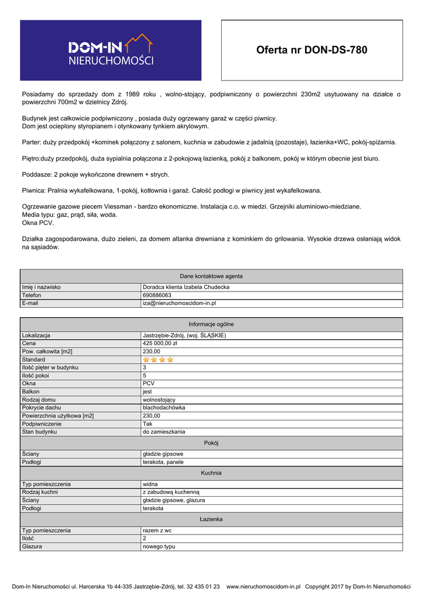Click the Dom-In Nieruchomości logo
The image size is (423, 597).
coord(111,50)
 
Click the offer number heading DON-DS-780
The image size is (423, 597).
coord(312,50)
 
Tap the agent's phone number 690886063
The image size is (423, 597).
coord(157,296)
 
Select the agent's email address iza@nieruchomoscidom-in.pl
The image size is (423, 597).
coord(179,304)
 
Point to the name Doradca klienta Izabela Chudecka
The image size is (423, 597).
coord(186,287)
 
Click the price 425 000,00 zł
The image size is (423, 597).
coord(160,344)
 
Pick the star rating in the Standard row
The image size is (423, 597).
coord(158,360)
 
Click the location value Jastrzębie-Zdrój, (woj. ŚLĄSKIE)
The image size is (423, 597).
coord(184,336)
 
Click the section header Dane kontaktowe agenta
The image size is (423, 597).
coord(211,276)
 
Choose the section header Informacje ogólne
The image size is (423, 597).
coord(211,324)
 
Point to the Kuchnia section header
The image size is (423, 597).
coord(211,473)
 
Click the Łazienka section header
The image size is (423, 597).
coord(211,519)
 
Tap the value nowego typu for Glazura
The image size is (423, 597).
coord(159,547)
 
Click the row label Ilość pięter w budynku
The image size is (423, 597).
coord(50,368)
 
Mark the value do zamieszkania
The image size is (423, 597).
coord(164,432)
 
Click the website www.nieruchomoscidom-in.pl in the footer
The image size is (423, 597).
coord(263,587)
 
